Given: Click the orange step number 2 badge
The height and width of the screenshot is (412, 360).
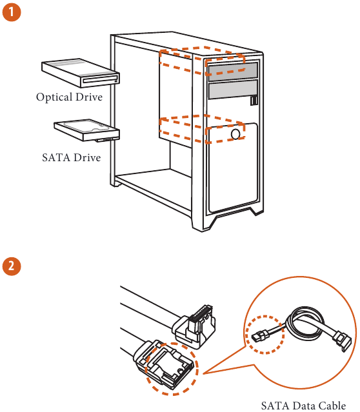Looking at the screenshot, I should (x=12, y=266).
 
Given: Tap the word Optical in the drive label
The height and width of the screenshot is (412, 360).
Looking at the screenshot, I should (x=54, y=97).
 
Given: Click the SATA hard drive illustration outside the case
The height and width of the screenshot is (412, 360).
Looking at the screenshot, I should (x=86, y=130).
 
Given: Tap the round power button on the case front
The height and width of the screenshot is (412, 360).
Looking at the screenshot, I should (x=236, y=133).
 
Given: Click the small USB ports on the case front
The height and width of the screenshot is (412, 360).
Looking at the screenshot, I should (x=255, y=101).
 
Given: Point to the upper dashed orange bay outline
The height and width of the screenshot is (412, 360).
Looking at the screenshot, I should (x=202, y=60).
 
